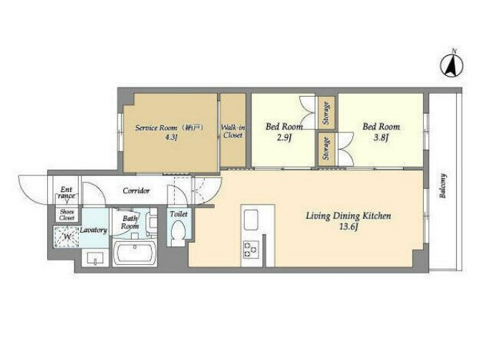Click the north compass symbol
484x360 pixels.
point(452,65)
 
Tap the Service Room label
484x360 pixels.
point(156,127)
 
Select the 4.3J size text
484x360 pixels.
point(171,138)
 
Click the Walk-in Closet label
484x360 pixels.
point(233,132)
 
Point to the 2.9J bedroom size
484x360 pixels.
point(284,137)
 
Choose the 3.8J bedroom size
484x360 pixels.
point(381,137)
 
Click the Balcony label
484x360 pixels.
point(443,185)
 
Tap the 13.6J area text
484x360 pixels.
point(349,227)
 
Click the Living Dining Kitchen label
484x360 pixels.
point(349,215)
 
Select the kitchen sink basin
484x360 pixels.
point(251,220)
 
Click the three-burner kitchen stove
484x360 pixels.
point(251,249)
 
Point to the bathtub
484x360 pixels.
point(135,253)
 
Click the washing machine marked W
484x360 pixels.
point(67,237)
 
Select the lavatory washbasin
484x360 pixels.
point(95,258)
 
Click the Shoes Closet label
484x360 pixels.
point(67,215)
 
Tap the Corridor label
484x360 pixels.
point(136,191)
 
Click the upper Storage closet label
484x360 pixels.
point(326,113)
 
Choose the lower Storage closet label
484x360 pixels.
point(326,149)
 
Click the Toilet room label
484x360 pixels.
point(178,213)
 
